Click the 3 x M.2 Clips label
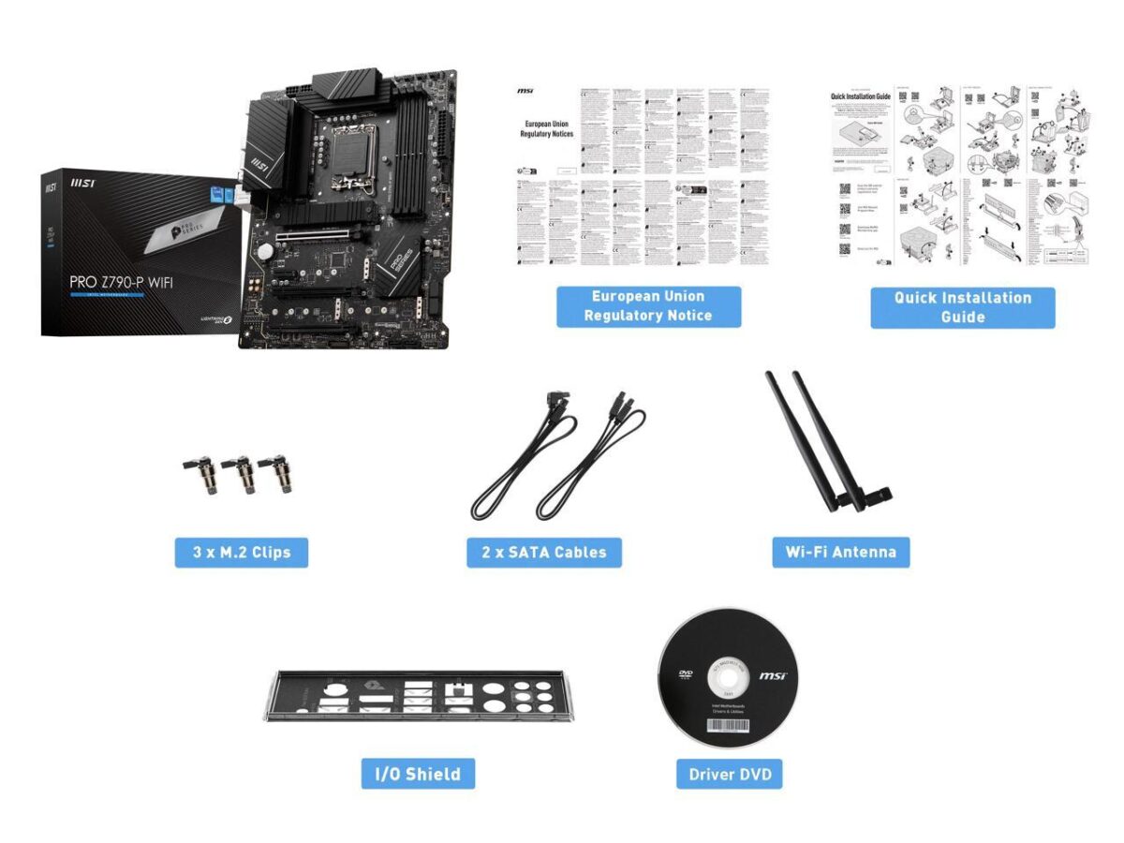(242, 552)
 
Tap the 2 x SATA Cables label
(544, 552)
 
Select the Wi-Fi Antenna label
(841, 552)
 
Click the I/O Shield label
(418, 774)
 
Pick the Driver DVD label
(730, 774)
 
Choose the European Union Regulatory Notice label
(648, 306)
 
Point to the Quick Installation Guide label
(962, 307)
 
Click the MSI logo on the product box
(50, 187)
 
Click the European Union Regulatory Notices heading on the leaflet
(546, 128)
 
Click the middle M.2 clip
(245, 474)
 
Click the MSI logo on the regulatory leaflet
(525, 91)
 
